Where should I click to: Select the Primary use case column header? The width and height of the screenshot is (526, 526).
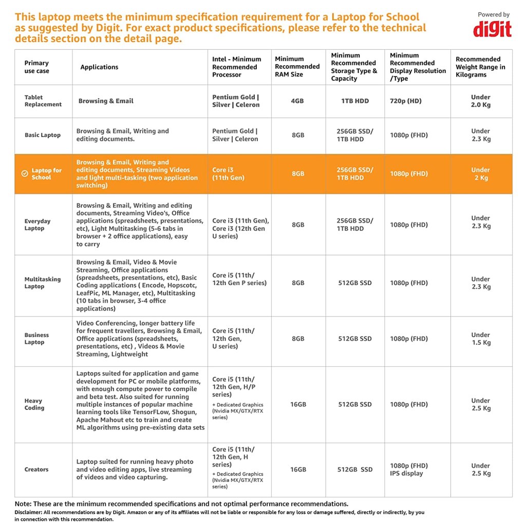pyautogui.click(x=36, y=67)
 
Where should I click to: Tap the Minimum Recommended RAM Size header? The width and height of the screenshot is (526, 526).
pyautogui.click(x=297, y=67)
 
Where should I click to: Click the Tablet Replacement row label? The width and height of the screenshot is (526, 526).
pyautogui.click(x=43, y=101)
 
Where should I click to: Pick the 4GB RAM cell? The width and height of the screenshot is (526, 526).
pyautogui.click(x=297, y=101)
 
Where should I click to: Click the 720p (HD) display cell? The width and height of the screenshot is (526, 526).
pyautogui.click(x=406, y=101)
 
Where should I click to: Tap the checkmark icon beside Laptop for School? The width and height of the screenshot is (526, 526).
pyautogui.click(x=25, y=174)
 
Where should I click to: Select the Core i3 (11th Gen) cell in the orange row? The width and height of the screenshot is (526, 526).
pyautogui.click(x=228, y=174)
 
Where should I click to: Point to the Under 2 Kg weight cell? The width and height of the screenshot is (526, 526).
pyautogui.click(x=480, y=174)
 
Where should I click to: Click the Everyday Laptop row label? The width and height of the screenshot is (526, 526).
pyautogui.click(x=37, y=224)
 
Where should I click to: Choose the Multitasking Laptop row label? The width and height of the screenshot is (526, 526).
pyautogui.click(x=42, y=283)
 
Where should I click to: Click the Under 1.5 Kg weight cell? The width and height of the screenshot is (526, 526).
pyautogui.click(x=480, y=339)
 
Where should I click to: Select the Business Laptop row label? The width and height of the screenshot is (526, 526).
pyautogui.click(x=36, y=339)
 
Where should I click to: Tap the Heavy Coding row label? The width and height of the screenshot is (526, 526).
pyautogui.click(x=34, y=404)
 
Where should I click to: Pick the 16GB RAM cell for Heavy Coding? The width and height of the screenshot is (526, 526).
pyautogui.click(x=298, y=404)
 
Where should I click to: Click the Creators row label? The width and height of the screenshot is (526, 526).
pyautogui.click(x=36, y=469)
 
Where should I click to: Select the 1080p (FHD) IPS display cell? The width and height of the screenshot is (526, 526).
pyautogui.click(x=409, y=469)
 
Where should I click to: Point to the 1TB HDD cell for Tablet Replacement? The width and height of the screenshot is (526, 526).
pyautogui.click(x=355, y=101)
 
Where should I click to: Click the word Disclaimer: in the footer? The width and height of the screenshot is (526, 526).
pyautogui.click(x=28, y=512)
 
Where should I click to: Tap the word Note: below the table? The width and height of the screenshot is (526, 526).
pyautogui.click(x=24, y=504)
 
